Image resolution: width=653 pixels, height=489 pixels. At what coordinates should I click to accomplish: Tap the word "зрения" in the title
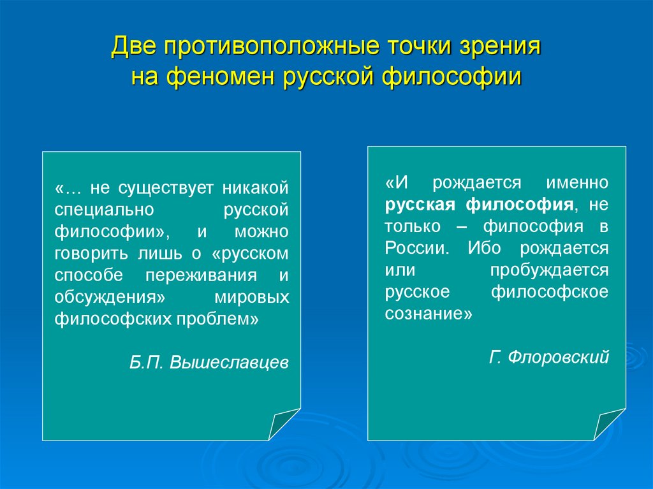tap(497, 49)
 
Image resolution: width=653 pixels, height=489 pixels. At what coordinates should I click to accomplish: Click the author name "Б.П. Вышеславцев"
tap(209, 363)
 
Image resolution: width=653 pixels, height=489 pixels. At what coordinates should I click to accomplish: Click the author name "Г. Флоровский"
tap(549, 357)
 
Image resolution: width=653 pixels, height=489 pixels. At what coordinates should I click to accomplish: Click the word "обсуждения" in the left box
tap(106, 297)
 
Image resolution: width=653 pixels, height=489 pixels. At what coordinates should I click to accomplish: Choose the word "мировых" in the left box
tap(253, 297)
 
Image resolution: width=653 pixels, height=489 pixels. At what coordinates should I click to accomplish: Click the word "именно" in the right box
tap(576, 183)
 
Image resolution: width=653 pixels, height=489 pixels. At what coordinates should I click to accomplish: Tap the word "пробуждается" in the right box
tap(549, 270)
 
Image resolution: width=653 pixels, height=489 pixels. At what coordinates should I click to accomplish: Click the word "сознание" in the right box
tap(427, 313)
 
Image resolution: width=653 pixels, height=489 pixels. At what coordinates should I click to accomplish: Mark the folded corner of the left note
tap(283, 424)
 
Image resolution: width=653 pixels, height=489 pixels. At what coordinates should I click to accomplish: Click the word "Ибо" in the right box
tap(484, 248)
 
